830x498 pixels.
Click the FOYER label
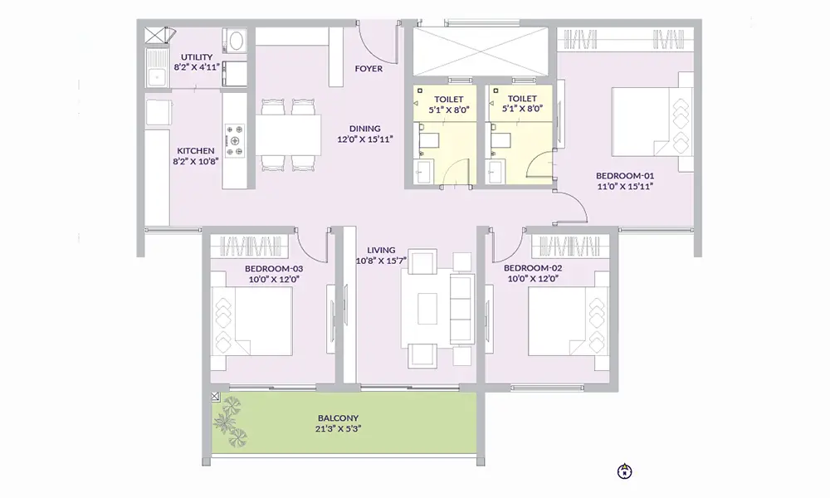pos(369,69)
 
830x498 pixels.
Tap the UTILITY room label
pos(198,56)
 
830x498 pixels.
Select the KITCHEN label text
pos(195,151)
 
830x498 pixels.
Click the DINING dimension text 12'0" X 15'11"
pos(364,139)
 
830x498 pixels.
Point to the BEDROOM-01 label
pos(626,176)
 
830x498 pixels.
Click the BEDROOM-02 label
pos(533,268)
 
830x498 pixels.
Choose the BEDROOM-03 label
pos(274,269)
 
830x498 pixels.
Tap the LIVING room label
pos(382,250)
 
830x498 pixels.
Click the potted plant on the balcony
pos(233,420)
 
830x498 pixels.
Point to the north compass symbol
pos(625,471)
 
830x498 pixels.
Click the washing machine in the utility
pos(235,41)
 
